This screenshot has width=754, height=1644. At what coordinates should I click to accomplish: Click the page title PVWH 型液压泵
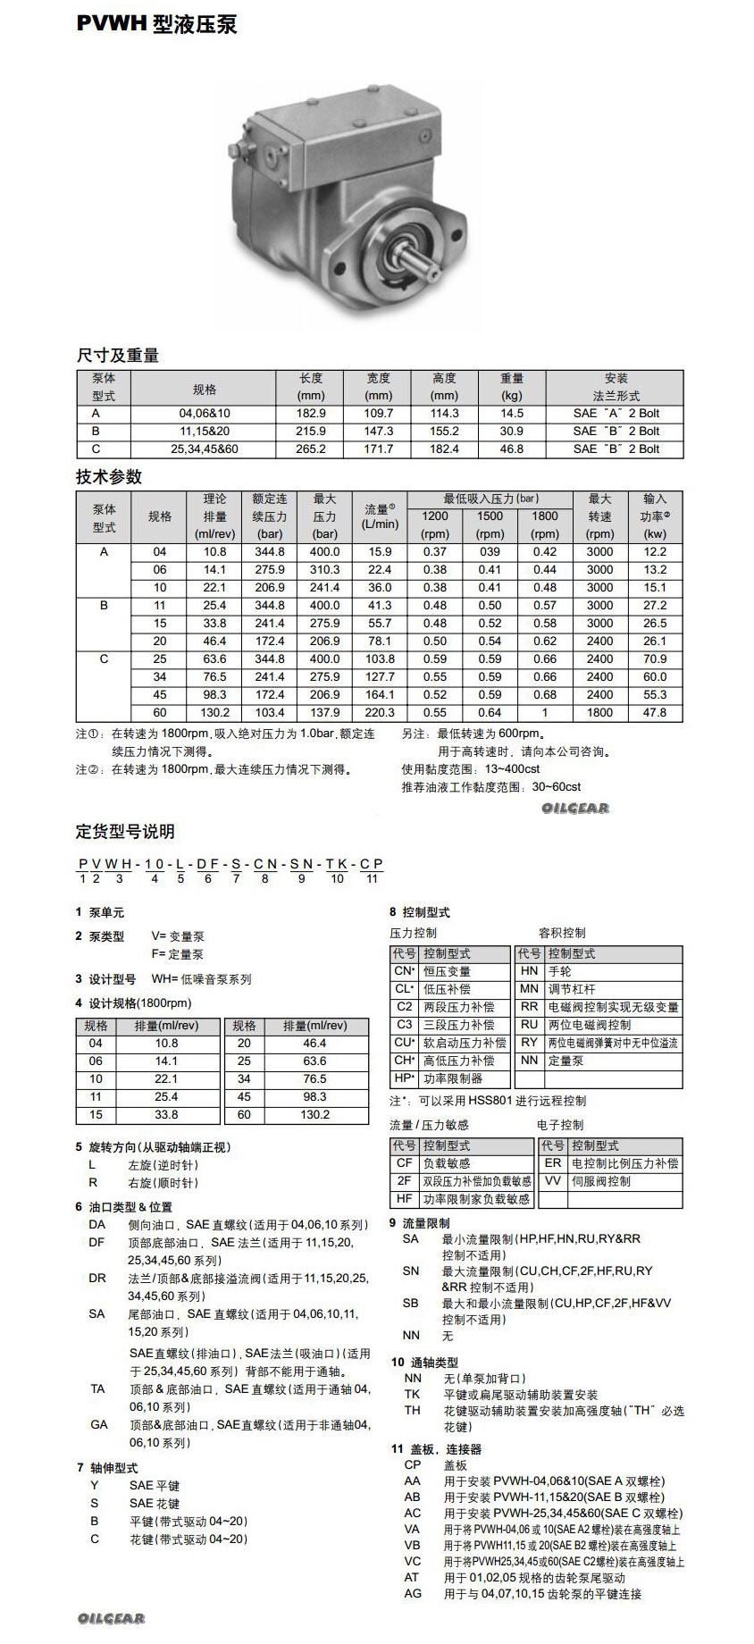click(x=156, y=25)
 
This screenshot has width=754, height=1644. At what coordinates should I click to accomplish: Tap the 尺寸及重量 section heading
click(x=117, y=356)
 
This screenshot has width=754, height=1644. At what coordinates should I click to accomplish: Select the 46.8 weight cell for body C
click(x=512, y=449)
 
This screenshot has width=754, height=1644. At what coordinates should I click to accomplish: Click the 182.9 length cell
click(x=311, y=414)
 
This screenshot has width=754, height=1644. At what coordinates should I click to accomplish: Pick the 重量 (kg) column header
click(x=512, y=387)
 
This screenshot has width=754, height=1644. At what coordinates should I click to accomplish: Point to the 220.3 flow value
click(x=380, y=713)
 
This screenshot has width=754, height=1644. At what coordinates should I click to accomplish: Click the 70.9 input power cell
click(x=655, y=659)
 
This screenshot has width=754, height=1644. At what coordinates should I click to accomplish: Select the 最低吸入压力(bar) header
click(x=490, y=499)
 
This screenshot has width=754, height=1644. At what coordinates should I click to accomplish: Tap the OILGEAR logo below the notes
click(x=574, y=809)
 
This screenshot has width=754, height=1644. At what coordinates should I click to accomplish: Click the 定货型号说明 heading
click(x=125, y=832)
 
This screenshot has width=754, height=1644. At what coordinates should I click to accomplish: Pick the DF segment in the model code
click(x=207, y=864)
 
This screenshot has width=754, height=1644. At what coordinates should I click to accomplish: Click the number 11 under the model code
click(x=372, y=879)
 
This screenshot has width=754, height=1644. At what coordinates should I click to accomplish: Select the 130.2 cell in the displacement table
click(x=314, y=1115)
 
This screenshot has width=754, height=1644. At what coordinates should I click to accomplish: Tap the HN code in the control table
click(x=529, y=971)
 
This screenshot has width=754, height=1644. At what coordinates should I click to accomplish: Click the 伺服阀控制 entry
click(x=600, y=1181)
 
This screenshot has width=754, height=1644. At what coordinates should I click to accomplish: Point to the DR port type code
click(x=97, y=1279)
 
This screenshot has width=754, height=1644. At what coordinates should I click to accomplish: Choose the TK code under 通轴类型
click(x=412, y=1394)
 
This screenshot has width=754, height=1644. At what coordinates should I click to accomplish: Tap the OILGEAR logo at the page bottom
click(x=111, y=1619)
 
